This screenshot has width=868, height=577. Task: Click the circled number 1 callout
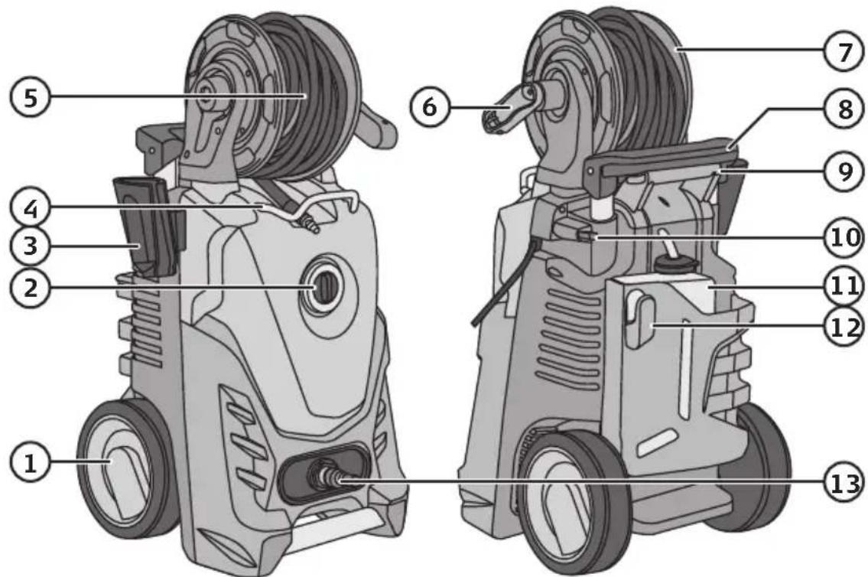[30, 461]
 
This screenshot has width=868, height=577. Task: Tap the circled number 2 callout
[30, 288]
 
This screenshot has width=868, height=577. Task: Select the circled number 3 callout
[30, 246]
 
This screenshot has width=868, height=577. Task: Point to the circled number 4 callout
[30, 209]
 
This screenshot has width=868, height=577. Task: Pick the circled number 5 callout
[30, 98]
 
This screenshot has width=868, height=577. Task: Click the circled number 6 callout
[430, 107]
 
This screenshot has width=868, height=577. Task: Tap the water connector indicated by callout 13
[326, 476]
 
